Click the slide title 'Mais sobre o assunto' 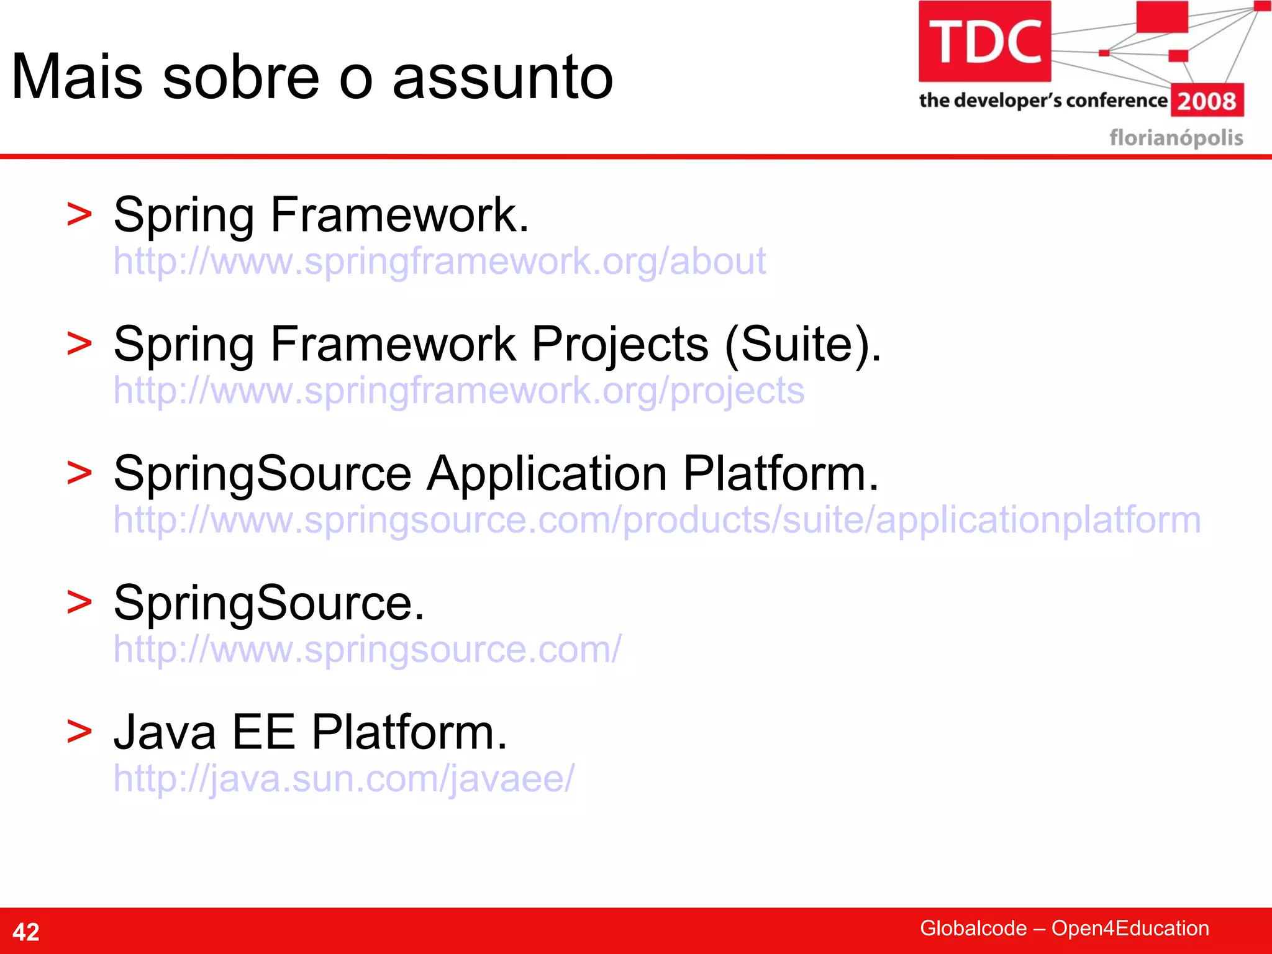[312, 77]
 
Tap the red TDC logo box [984, 42]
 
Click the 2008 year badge [1207, 101]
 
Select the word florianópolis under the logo [1176, 137]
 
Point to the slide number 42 [26, 932]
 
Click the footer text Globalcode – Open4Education [1064, 928]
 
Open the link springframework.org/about [439, 261]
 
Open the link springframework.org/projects [458, 391]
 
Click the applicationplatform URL [656, 520]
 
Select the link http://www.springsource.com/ [366, 649]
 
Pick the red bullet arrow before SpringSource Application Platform [79, 473]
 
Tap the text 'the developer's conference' [1043, 100]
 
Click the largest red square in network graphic [1162, 17]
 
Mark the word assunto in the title [503, 77]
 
